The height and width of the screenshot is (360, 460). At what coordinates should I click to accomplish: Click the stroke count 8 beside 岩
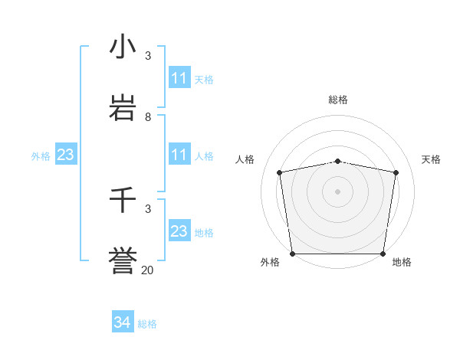coord(148,117)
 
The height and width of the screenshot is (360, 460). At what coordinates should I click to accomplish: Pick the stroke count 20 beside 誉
coord(148,270)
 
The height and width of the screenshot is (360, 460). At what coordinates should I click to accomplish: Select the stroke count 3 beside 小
coord(148,56)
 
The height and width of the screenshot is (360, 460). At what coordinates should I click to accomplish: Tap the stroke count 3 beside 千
coord(148,208)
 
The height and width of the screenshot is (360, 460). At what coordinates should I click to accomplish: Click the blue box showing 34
coord(122,322)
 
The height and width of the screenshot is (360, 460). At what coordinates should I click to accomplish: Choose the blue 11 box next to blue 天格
coord(179,78)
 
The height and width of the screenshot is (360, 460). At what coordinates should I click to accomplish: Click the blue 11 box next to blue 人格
coord(179,155)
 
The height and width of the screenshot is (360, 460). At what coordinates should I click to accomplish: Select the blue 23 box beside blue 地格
coord(179,231)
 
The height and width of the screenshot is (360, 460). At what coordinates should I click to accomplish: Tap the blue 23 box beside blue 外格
coord(66,155)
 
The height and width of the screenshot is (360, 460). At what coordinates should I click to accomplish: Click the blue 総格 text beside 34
coord(147,324)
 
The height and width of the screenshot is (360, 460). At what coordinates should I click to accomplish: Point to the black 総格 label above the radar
coord(338,100)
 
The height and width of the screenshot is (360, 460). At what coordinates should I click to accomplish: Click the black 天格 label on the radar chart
coord(431,159)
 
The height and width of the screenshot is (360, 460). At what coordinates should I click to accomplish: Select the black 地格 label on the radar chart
coord(402,262)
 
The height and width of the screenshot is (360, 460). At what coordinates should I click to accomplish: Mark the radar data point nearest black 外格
coord(292,254)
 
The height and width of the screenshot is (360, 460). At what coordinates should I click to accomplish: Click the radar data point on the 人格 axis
coord(280,172)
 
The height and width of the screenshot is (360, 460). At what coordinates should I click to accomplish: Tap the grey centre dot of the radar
coord(338,191)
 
